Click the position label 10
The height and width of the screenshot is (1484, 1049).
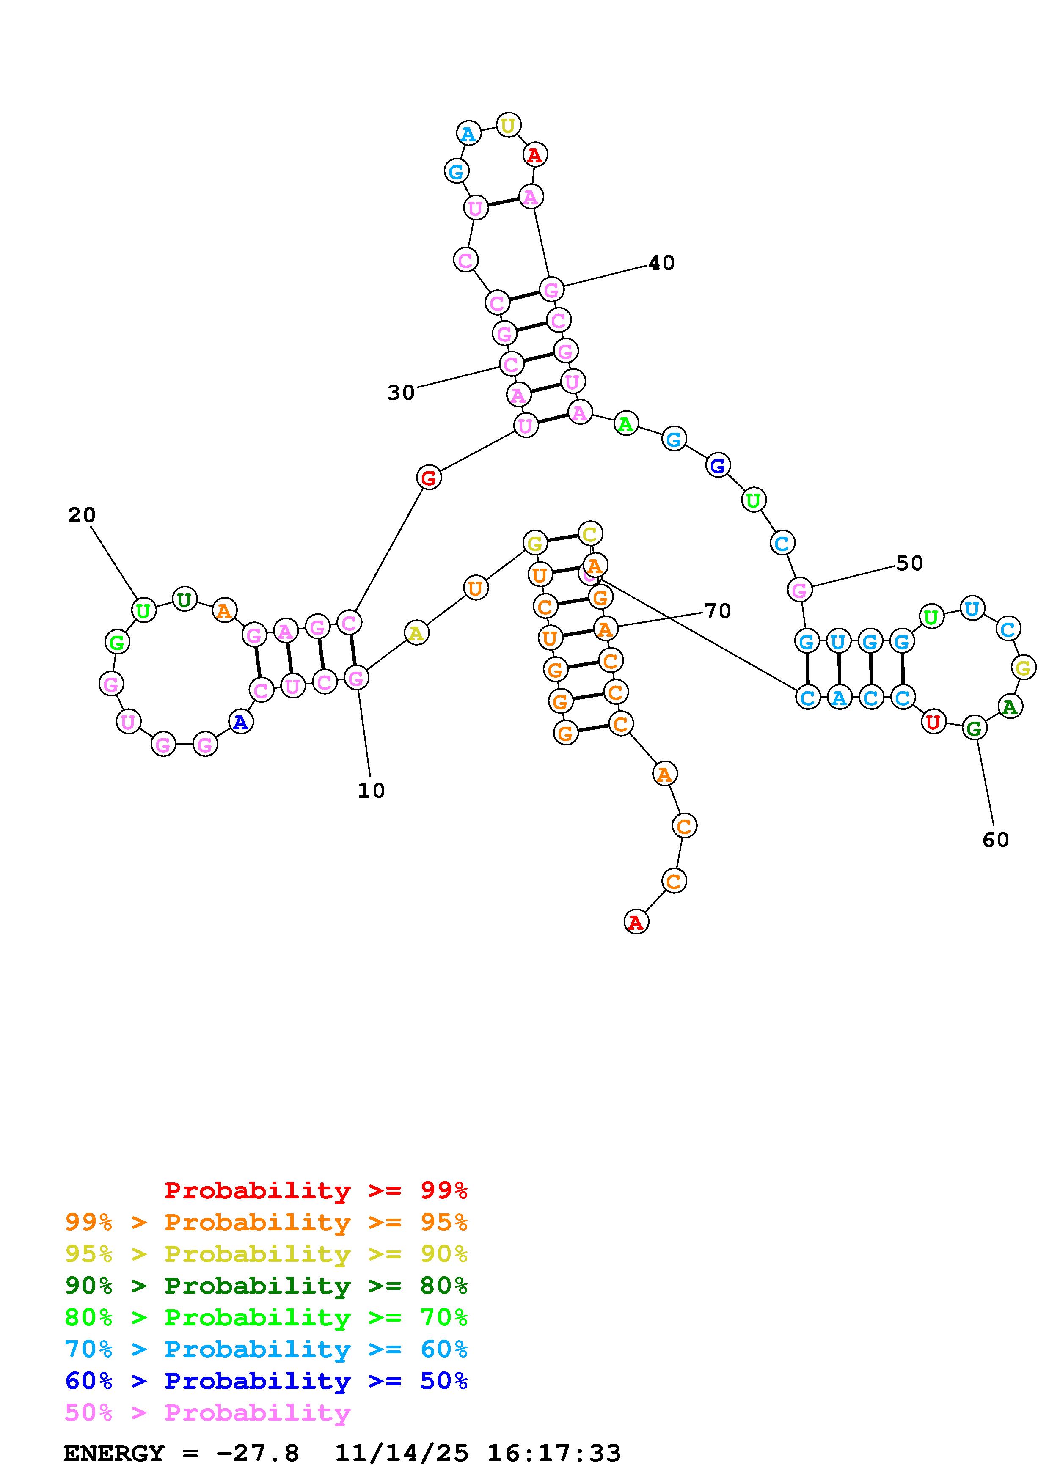point(371,791)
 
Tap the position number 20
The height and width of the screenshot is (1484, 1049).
point(81,515)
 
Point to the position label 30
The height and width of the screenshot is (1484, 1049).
point(401,392)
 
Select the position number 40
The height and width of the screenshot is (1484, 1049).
point(661,263)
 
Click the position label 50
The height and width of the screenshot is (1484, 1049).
point(909,563)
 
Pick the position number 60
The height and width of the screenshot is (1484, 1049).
point(995,840)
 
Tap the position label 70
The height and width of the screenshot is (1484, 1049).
point(717,611)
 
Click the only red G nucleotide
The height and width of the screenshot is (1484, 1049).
point(429,479)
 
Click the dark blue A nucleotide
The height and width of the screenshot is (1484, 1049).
point(240,722)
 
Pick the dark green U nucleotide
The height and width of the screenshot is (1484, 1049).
point(184,600)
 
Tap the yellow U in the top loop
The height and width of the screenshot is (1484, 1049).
point(508,125)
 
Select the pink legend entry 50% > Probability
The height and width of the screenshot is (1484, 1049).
point(207,1413)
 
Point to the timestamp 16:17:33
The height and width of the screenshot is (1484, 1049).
point(554,1454)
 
